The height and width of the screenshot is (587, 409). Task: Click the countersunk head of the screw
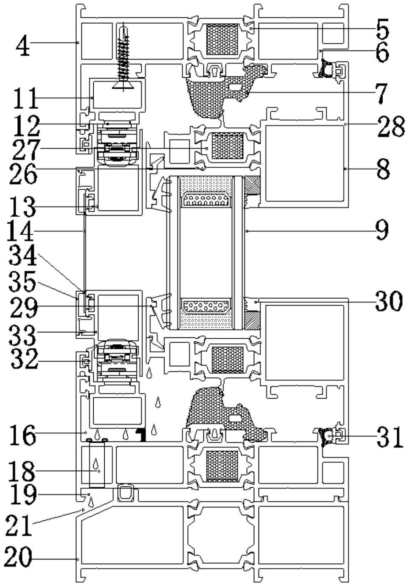123,86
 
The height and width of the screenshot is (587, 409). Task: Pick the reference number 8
382,169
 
